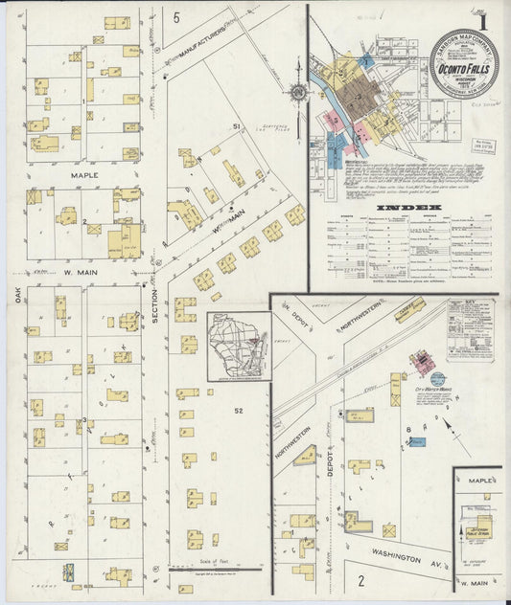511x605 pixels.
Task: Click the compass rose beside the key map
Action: click(298, 92)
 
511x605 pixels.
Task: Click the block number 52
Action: click(235, 411)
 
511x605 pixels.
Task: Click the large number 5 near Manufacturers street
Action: click(176, 17)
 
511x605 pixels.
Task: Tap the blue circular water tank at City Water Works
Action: click(437, 379)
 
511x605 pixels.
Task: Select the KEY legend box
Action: click(469, 328)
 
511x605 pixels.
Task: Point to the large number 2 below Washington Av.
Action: click(362, 579)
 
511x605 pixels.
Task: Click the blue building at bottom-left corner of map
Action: click(69, 571)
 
